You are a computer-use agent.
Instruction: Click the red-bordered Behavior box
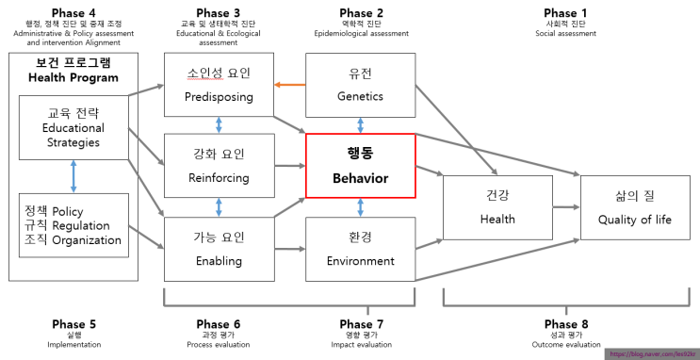pos(360,166)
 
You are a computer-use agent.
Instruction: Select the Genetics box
pos(360,84)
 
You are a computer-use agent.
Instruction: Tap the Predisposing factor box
pos(219,84)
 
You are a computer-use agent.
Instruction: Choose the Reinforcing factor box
pos(219,166)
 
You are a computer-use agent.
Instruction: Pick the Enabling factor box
pos(219,248)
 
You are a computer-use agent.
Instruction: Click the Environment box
pos(360,248)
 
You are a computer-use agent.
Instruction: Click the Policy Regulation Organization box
pos(73,226)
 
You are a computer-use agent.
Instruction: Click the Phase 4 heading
pos(73,11)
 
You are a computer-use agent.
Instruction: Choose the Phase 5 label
pos(73,323)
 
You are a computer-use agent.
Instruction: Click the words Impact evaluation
pos(360,345)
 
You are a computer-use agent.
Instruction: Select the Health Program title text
pos(73,77)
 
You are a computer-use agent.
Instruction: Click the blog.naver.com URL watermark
pos(651,353)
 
